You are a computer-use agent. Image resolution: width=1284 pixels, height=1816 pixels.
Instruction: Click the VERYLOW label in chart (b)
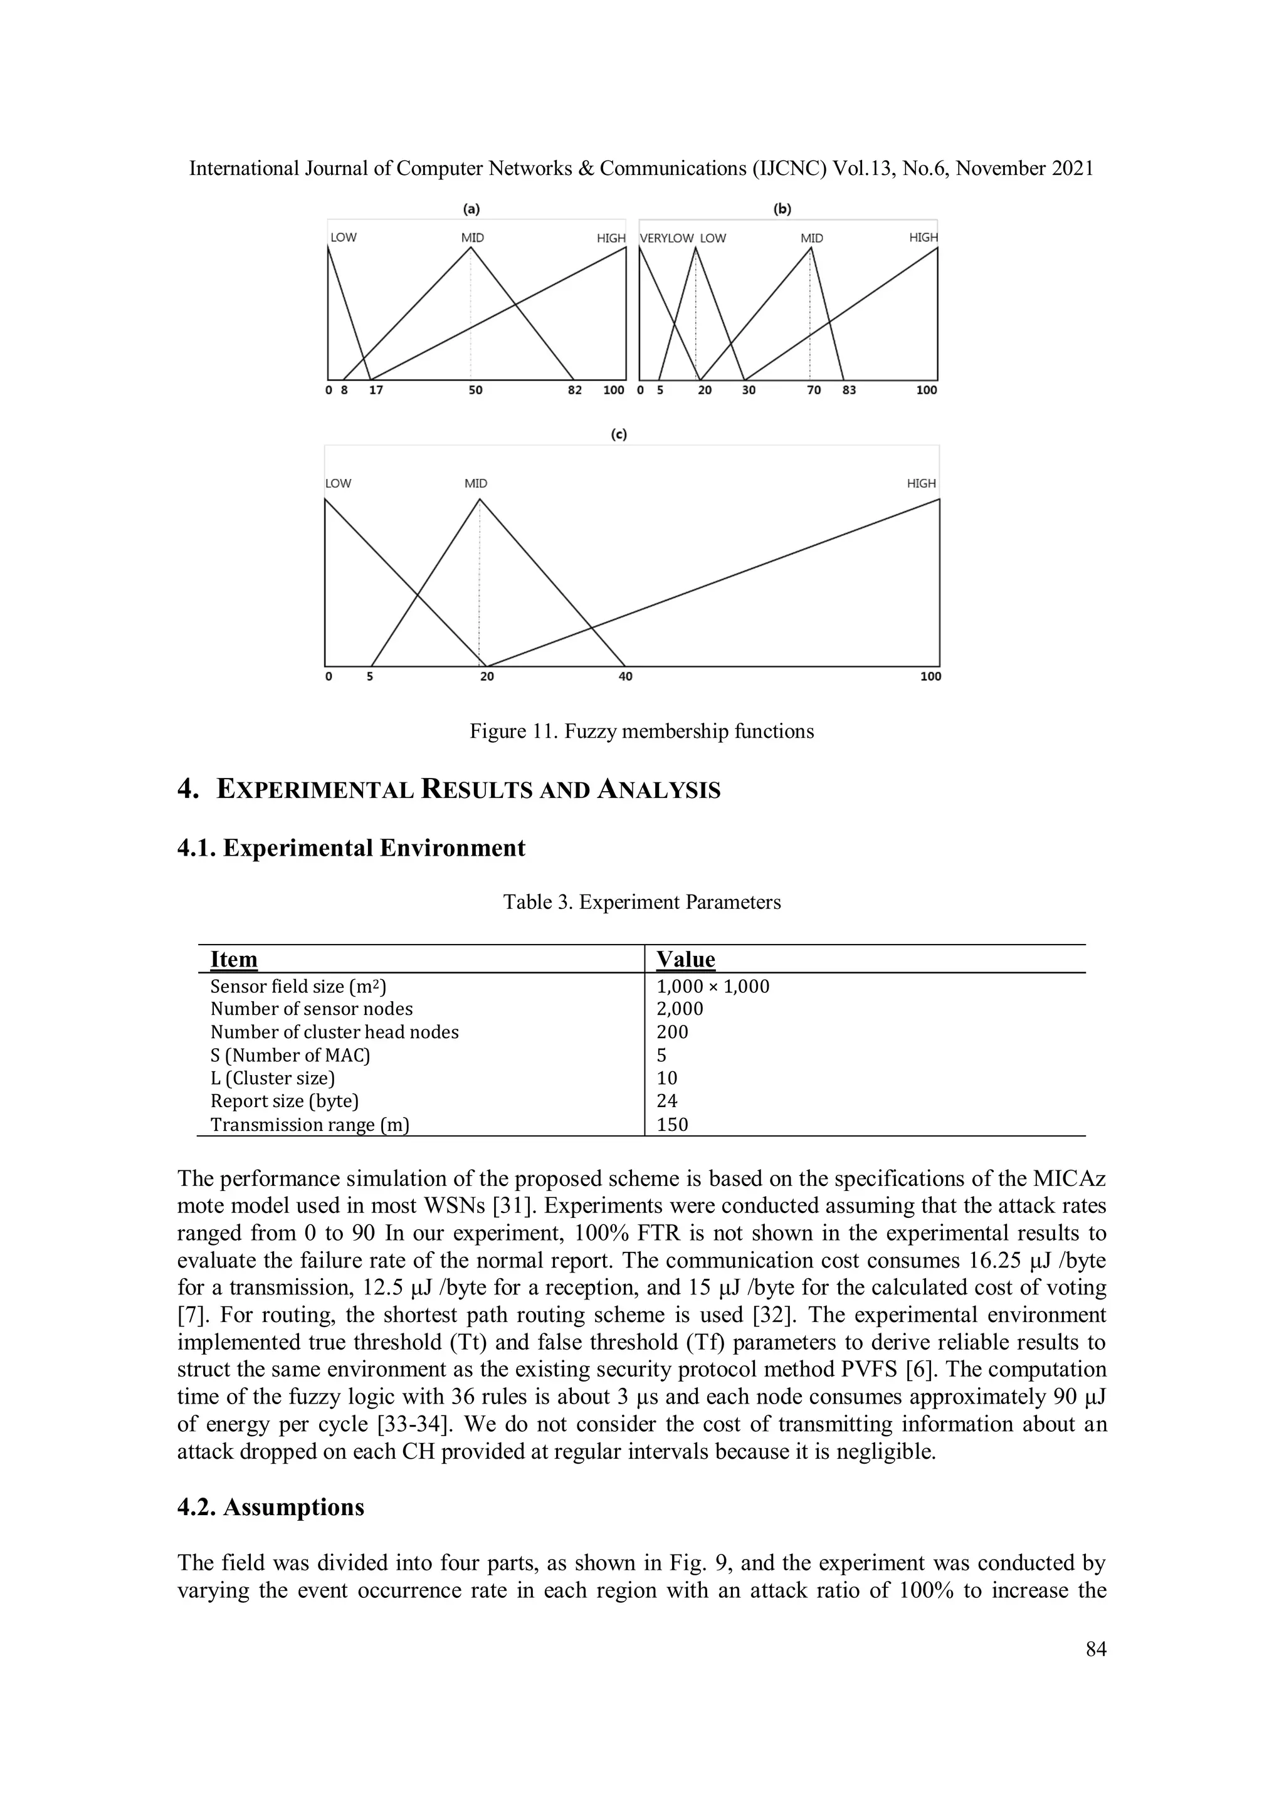[x=666, y=238]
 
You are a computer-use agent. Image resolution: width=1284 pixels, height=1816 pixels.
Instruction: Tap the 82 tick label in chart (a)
[x=575, y=390]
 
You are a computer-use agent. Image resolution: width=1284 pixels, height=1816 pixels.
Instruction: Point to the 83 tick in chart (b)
[x=849, y=390]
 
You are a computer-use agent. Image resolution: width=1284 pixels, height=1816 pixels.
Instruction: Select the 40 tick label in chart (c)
[x=625, y=676]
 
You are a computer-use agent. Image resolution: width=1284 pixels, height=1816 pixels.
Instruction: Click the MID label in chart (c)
[x=475, y=483]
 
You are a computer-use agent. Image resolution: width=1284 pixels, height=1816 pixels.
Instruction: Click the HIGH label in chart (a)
[x=611, y=238]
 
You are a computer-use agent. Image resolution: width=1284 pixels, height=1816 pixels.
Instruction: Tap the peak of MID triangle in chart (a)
[x=471, y=248]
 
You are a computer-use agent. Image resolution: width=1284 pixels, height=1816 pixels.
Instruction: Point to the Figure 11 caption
[x=641, y=731]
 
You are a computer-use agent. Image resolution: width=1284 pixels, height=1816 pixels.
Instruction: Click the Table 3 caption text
[x=641, y=903]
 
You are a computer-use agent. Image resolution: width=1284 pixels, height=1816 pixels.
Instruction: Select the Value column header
[x=686, y=960]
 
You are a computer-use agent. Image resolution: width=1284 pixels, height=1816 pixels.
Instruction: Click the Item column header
[x=234, y=960]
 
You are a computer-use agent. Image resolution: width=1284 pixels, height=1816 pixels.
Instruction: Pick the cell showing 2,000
[x=680, y=1009]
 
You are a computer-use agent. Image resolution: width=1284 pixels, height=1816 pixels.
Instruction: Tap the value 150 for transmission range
[x=673, y=1124]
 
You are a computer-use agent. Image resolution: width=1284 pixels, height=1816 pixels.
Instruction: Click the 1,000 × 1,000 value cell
[x=713, y=986]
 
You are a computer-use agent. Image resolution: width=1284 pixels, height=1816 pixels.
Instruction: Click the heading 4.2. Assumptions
[x=271, y=1508]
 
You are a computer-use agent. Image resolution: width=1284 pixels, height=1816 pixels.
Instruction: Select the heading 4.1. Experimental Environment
[x=351, y=848]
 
